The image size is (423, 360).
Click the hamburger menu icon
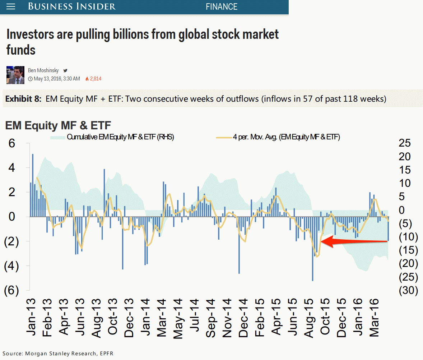coord(11,7)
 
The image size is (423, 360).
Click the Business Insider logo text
coord(72,6)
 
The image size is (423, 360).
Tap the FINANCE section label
coord(222,7)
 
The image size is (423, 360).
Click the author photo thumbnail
coord(15,75)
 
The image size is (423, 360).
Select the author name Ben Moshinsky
coord(43,71)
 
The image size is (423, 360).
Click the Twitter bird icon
coord(65,71)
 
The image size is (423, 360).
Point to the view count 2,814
coord(95,79)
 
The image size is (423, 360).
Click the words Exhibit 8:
coord(24,99)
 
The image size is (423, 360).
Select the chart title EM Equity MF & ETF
coord(58,125)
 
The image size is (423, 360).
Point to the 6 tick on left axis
coord(12,143)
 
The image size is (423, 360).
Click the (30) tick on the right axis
coord(408,290)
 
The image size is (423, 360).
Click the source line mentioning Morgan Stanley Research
coord(58,354)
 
